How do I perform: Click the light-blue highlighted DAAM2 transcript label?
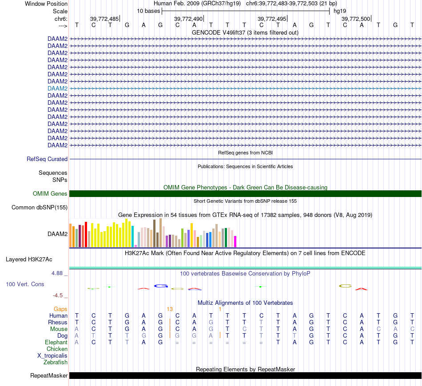click(57, 88)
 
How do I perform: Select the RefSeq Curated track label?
click(47, 159)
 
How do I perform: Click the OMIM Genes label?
click(50, 193)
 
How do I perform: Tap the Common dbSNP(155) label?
click(40, 208)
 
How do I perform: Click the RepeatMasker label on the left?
click(49, 376)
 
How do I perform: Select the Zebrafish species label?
click(56, 362)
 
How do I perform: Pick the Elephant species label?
click(56, 343)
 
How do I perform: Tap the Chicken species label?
click(57, 349)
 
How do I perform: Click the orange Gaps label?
click(61, 309)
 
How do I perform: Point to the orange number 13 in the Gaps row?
click(169, 309)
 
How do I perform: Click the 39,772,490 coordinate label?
click(188, 19)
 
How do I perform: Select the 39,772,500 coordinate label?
click(355, 19)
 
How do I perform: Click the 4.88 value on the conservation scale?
click(58, 273)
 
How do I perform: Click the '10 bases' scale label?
click(148, 11)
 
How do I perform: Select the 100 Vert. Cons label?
click(25, 284)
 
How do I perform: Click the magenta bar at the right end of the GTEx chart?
click(235, 241)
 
